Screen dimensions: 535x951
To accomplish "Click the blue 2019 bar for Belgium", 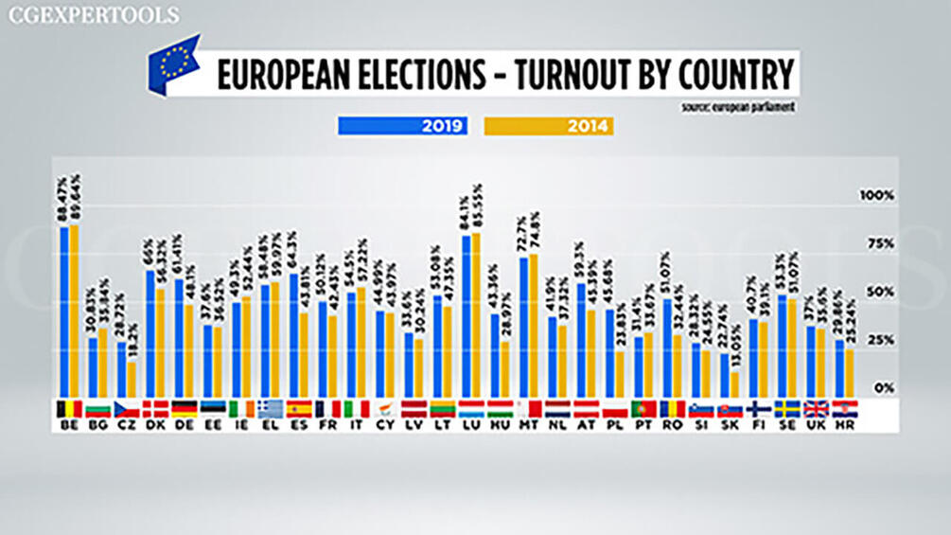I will (64, 312).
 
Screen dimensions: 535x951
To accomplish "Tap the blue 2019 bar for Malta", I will (523, 327).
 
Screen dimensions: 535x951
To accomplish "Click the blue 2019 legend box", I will (402, 125).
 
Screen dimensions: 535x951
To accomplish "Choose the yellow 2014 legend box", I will (549, 125).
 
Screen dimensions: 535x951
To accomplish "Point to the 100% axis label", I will (875, 195).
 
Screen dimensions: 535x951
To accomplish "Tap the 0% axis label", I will (882, 388).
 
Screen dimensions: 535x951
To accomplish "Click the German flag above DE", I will (184, 409).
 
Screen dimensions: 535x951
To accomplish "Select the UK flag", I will (817, 409).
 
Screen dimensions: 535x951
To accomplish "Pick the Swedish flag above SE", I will (787, 409).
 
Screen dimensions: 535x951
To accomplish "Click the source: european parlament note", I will (737, 107).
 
